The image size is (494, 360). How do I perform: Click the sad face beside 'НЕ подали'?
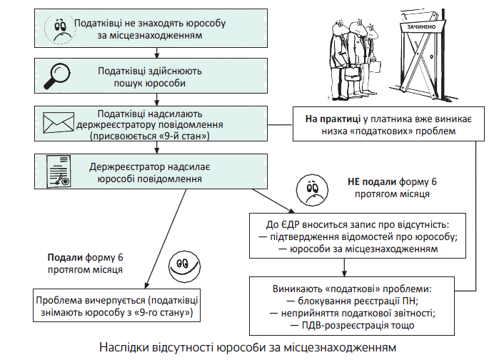tap(310, 187)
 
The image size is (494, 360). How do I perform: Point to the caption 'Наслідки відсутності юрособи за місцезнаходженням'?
tap(246, 348)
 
